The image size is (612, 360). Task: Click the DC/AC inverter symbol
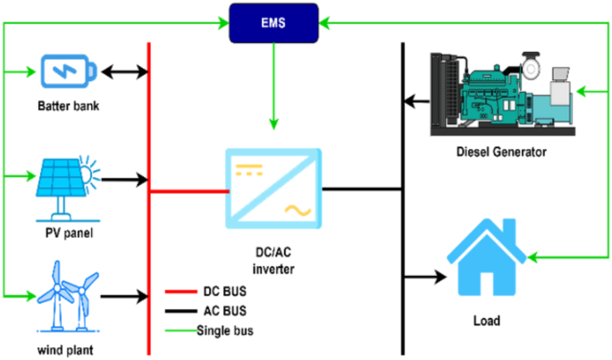[x=273, y=189]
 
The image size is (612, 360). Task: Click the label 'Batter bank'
[x=69, y=106]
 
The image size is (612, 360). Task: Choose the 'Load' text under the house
[x=486, y=320]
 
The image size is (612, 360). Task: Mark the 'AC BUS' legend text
[x=226, y=311]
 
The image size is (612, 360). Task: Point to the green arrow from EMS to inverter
[x=274, y=89]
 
